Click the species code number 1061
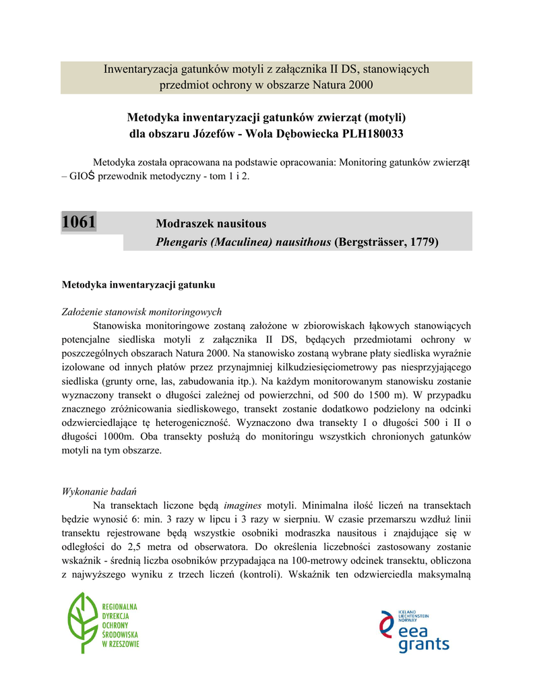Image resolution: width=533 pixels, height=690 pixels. coord(79,222)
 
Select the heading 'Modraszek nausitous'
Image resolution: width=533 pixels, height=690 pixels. coord(211,223)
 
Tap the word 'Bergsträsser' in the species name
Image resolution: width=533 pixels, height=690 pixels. coord(370,241)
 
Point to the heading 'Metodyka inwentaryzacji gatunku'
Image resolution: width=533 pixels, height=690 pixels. coord(138,285)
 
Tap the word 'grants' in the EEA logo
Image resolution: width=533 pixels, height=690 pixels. coord(423,645)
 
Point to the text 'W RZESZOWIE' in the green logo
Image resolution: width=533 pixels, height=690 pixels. coord(121,645)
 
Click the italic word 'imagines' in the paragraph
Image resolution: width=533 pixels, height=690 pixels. coord(243,505)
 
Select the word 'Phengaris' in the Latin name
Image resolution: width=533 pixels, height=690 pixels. coord(181,241)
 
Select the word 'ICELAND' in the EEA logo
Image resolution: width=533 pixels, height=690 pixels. coord(408,610)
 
